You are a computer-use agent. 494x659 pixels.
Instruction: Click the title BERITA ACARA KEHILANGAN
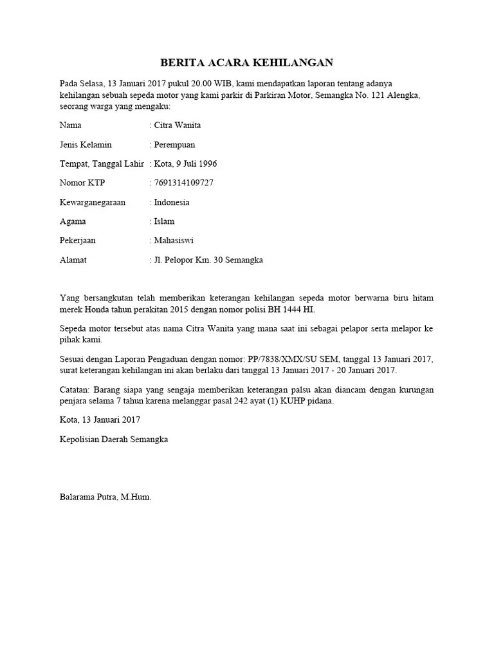pyautogui.click(x=246, y=62)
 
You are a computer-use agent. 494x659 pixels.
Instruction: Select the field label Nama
pyautogui.click(x=70, y=125)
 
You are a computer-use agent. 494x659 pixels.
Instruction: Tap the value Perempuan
pyautogui.click(x=174, y=144)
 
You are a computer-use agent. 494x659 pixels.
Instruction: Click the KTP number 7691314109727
pyautogui.click(x=183, y=183)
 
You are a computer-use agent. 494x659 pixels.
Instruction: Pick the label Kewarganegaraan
pyautogui.click(x=92, y=202)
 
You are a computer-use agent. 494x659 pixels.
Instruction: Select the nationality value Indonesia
pyautogui.click(x=172, y=202)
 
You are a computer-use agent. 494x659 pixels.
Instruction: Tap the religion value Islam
pyautogui.click(x=164, y=221)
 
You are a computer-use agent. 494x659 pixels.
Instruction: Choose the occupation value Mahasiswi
pyautogui.click(x=174, y=241)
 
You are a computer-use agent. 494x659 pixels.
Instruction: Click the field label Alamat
pyautogui.click(x=73, y=260)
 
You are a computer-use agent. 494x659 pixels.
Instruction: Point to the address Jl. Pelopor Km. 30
pyautogui.click(x=188, y=260)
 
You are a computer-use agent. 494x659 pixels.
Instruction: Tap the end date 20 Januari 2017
pyautogui.click(x=365, y=370)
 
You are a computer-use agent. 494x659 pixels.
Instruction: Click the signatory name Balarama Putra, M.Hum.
pyautogui.click(x=105, y=497)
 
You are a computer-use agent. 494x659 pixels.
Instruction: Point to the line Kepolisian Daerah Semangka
pyautogui.click(x=114, y=439)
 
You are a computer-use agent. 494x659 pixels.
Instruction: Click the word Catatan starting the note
pyautogui.click(x=75, y=389)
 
